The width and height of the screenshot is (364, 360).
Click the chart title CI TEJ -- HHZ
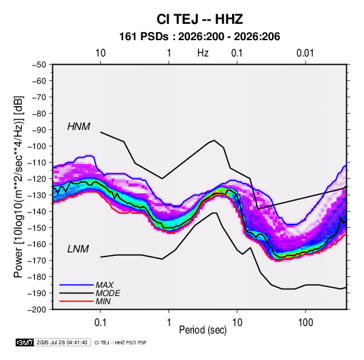point(199,19)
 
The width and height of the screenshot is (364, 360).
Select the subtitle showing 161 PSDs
point(199,37)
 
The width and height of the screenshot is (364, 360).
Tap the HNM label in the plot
point(79,127)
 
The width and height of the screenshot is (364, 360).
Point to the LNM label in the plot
point(78,249)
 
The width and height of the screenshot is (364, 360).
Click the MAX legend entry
point(105,285)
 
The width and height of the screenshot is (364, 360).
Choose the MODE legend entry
point(108,293)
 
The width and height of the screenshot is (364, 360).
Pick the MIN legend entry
point(103,301)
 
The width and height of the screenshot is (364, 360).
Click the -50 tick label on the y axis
point(39,65)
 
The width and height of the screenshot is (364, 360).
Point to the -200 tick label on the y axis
point(37,310)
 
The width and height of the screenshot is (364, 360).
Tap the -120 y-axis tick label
point(37,179)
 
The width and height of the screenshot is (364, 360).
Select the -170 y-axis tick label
point(37,261)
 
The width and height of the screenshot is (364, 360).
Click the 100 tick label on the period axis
point(305,323)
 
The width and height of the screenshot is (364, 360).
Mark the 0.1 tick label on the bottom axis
point(100,323)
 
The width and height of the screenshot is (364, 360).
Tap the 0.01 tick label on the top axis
point(305,53)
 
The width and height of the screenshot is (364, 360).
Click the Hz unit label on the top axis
point(203,53)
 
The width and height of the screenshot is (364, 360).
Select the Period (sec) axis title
point(203,330)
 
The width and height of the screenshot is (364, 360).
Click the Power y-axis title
point(18,187)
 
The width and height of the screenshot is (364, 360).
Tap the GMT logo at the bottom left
point(24,342)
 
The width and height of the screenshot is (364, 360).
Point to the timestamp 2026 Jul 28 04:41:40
point(62,342)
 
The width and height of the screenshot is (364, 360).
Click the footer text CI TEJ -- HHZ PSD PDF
point(120,342)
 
